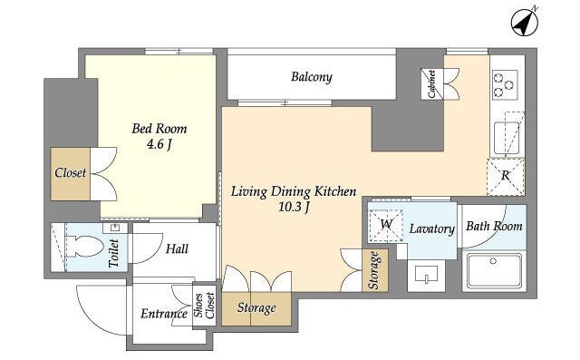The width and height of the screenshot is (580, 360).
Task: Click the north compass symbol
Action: (524, 23)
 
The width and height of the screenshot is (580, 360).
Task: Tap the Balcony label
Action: (312, 77)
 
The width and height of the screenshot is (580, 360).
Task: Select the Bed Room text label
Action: (159, 129)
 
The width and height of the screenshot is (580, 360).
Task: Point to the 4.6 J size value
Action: (159, 145)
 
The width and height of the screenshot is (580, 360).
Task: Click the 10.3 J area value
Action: (294, 208)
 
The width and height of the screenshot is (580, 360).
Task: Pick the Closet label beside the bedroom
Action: (71, 173)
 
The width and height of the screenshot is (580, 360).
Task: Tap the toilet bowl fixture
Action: (84, 247)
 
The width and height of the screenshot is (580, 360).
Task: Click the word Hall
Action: (177, 248)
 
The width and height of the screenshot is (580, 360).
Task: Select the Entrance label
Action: (164, 314)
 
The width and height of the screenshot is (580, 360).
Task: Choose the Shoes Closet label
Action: (204, 306)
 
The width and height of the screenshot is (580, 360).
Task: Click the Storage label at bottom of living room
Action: (256, 307)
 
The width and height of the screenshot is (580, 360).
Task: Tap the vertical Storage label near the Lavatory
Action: (374, 270)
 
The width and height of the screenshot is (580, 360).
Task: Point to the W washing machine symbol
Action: (386, 224)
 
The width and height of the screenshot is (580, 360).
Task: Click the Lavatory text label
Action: (431, 229)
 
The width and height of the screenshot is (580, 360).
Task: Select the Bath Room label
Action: (494, 226)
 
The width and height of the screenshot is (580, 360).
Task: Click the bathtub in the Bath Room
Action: (494, 271)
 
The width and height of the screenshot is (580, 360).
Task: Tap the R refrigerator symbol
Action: (506, 176)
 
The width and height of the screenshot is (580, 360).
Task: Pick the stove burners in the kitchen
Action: (505, 84)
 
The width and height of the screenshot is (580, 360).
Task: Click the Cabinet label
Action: (432, 84)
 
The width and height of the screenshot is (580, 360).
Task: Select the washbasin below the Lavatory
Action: (426, 274)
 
